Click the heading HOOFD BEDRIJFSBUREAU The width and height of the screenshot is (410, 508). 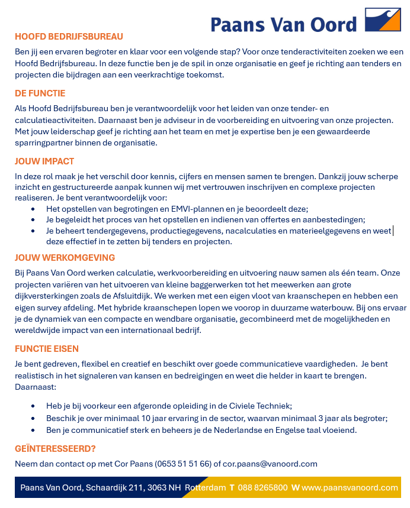click(x=69, y=36)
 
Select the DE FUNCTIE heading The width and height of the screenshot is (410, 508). click(x=40, y=93)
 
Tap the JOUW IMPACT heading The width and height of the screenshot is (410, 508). click(x=44, y=161)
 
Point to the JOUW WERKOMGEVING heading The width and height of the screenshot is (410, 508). click(x=65, y=258)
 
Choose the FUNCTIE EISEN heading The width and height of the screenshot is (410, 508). click(x=47, y=349)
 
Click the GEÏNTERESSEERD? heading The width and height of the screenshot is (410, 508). click(x=55, y=449)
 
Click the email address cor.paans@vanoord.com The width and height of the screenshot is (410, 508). click(x=270, y=464)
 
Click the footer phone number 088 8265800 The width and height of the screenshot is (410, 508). click(x=262, y=488)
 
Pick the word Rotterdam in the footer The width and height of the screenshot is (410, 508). click(x=205, y=488)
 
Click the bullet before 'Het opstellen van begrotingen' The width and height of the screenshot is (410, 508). click(x=32, y=209)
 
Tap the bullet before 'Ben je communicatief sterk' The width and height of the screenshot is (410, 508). click(x=32, y=431)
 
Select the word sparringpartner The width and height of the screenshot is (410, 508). click(x=45, y=143)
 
